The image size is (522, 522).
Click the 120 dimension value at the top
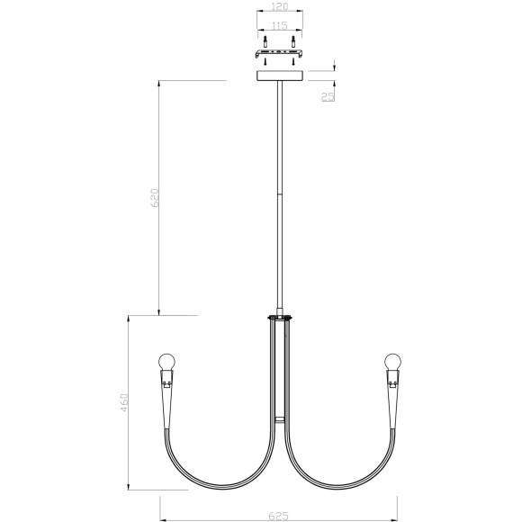tap(280, 6)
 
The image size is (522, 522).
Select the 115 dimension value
tap(280, 26)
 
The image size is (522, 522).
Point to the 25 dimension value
tap(328, 97)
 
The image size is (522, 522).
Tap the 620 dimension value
tap(155, 198)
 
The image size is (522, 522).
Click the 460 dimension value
tap(124, 402)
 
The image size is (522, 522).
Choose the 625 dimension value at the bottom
tap(279, 516)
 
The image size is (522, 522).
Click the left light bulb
tap(166, 362)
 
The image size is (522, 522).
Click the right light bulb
tap(392, 362)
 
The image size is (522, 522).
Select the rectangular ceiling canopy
tap(280, 76)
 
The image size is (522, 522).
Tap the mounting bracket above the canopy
tap(279, 54)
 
